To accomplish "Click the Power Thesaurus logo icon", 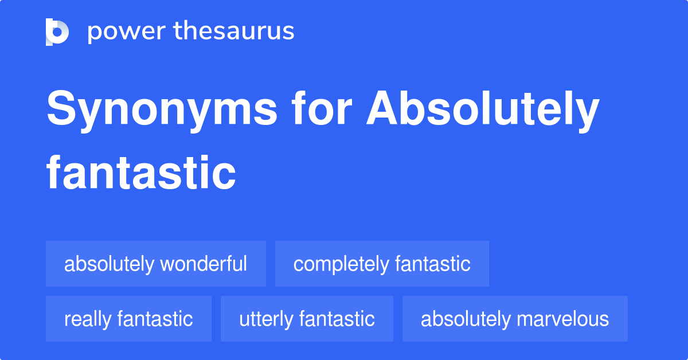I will click(57, 32).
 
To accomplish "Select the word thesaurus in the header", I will click(234, 32).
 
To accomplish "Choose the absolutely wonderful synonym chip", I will click(156, 264).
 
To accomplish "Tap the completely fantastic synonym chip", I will click(382, 264).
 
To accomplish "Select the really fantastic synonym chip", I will click(128, 319).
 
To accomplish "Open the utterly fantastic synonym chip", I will click(307, 319).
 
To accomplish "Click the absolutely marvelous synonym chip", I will click(515, 319).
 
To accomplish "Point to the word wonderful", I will click(204, 264).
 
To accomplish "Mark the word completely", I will click(342, 264).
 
